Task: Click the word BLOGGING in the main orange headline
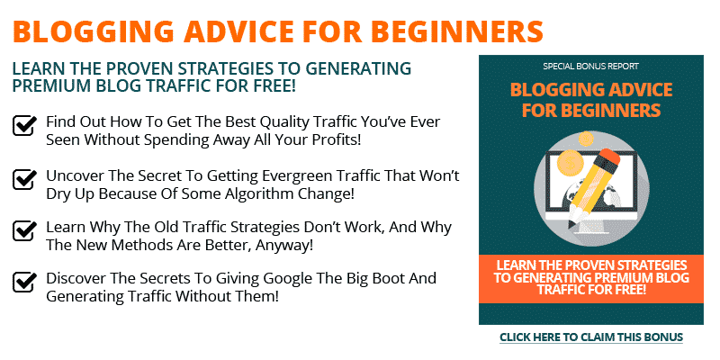pos(94,31)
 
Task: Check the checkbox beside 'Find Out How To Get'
pos(24,125)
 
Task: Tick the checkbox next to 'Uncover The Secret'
pos(24,178)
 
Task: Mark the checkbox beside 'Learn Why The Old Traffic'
pos(24,230)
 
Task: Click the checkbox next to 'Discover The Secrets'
pos(24,282)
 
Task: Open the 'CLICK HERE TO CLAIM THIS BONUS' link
pos(591,337)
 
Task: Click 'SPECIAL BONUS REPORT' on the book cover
pos(590,67)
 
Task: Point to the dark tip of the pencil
pos(572,225)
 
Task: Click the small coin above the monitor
pos(587,139)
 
